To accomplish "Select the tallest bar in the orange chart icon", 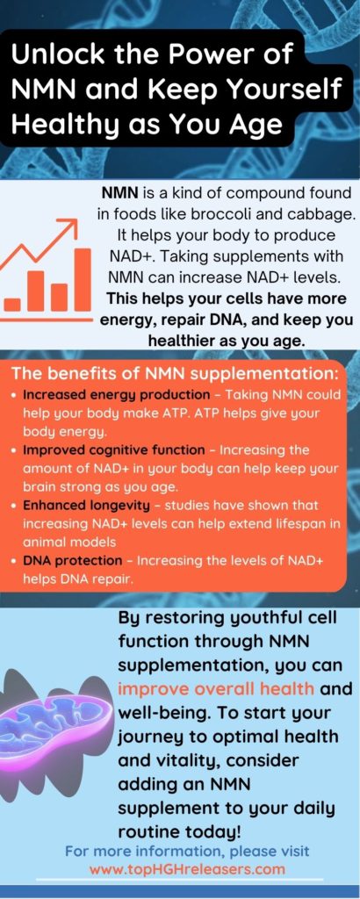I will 83,278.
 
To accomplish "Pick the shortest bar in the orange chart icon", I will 13,304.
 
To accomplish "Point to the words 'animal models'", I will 66,543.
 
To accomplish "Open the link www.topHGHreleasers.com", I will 187,869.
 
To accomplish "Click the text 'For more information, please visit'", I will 187,852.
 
